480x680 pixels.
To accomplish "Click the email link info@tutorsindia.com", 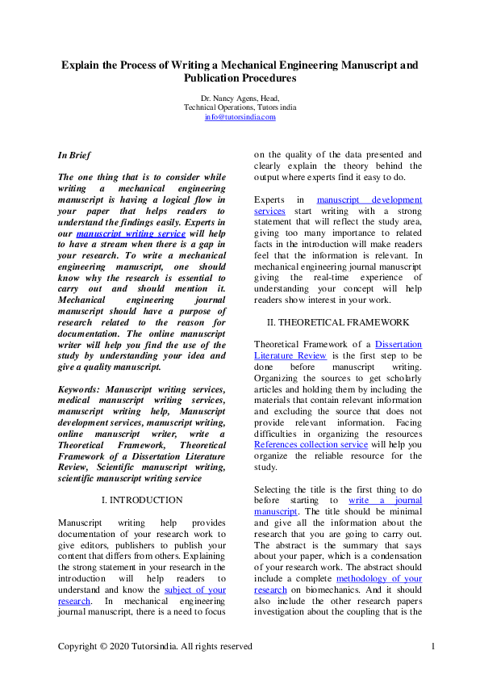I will point(240,117).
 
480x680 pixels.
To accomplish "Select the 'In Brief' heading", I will point(74,154).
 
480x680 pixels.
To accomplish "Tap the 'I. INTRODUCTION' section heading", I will point(142,500).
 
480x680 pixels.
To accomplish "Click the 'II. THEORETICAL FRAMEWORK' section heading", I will point(338,322).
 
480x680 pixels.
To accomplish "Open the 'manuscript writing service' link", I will point(131,233).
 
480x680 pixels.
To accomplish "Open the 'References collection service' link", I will point(311,443).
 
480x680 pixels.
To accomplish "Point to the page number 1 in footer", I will point(433,646).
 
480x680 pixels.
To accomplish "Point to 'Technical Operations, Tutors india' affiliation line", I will point(240,107).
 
